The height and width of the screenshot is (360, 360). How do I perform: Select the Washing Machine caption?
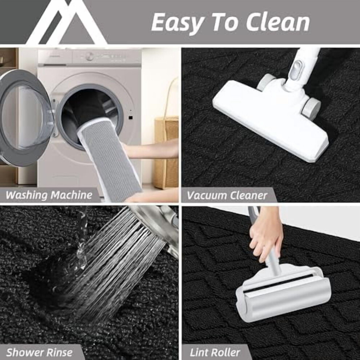[x=49, y=195]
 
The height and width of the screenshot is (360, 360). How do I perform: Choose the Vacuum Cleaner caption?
[x=227, y=195]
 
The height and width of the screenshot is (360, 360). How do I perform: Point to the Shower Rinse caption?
[x=39, y=352]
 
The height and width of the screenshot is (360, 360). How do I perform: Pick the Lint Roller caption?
[x=215, y=352]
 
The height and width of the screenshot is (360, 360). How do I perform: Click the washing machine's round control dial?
[x=89, y=56]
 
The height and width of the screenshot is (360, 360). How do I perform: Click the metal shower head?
[x=154, y=220]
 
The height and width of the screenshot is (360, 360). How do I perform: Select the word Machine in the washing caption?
[x=71, y=195]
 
